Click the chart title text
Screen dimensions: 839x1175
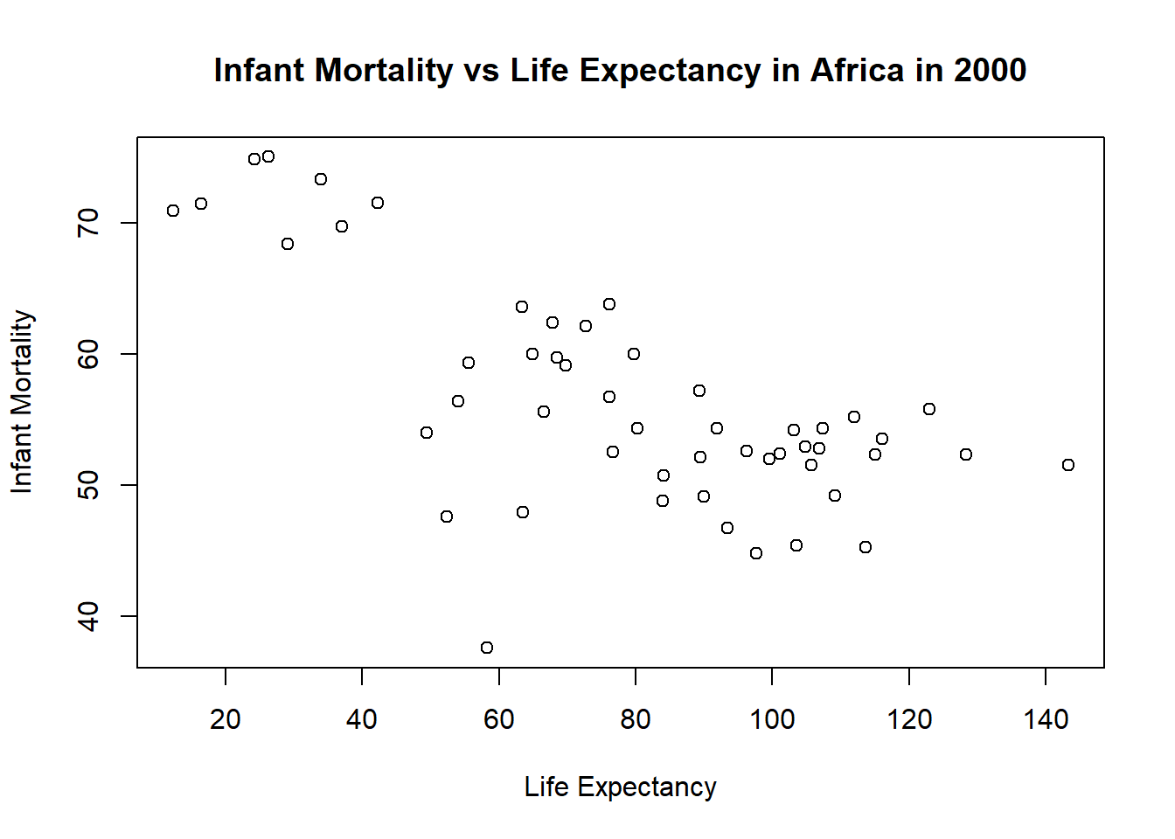(x=620, y=71)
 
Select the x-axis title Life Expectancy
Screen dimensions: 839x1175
(x=620, y=787)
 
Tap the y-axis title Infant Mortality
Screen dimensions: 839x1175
(x=22, y=402)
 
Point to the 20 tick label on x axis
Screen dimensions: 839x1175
(x=226, y=719)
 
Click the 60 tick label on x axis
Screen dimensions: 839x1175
(x=498, y=719)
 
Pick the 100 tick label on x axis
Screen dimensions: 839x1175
(x=772, y=719)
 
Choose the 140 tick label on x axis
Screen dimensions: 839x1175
(x=1046, y=719)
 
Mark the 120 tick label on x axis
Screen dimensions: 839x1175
(x=909, y=719)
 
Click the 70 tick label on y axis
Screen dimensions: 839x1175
(x=89, y=223)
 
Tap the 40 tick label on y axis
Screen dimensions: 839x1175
(x=89, y=616)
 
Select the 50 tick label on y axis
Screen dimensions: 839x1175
(x=89, y=485)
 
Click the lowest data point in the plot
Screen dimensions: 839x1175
(x=487, y=648)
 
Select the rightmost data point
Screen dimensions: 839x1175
(x=1068, y=465)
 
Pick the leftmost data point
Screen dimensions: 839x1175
(x=173, y=211)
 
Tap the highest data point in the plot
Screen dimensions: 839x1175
(x=268, y=156)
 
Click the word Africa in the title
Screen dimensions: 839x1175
(x=857, y=71)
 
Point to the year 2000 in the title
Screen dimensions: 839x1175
(x=990, y=71)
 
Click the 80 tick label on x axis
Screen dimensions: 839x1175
(x=636, y=719)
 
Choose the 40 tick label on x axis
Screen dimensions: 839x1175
(x=362, y=719)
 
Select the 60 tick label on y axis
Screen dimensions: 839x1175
(x=89, y=354)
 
